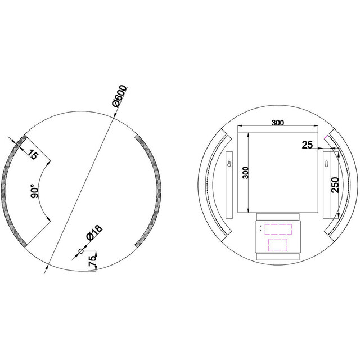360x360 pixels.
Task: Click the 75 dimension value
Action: [x=92, y=259]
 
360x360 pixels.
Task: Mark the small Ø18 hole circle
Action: [x=80, y=251]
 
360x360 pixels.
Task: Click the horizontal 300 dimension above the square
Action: [x=277, y=122]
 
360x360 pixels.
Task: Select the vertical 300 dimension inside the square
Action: [x=245, y=172]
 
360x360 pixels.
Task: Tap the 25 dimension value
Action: [x=307, y=145]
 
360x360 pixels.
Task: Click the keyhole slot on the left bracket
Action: [x=229, y=164]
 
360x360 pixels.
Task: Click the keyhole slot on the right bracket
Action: [x=326, y=164]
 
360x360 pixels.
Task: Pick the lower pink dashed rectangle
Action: [x=278, y=245]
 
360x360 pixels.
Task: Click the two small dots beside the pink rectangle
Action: [x=260, y=228]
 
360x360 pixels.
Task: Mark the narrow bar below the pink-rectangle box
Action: [x=278, y=256]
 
